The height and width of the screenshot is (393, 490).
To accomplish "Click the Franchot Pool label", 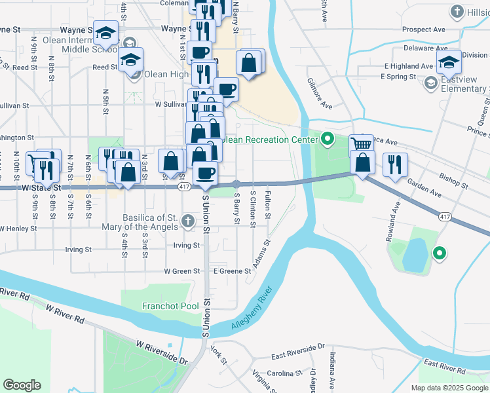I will tap(171, 306).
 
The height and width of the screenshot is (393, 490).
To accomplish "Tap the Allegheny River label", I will tap(251, 309).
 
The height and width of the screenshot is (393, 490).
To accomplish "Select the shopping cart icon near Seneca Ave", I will tap(361, 144).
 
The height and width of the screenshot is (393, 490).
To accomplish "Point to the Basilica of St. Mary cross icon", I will tap(187, 221).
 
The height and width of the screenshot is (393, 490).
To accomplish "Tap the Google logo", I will tap(22, 385).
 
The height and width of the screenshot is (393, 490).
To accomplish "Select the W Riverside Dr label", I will tap(162, 352).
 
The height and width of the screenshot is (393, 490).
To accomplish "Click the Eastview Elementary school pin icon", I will tap(430, 83).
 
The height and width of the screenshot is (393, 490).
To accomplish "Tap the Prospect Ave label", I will tap(424, 29).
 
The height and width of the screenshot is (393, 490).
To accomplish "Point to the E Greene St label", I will tap(232, 271).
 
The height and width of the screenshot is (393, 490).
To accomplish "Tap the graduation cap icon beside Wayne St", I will tap(105, 32).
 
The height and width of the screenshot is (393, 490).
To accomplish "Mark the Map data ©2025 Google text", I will tap(449, 387).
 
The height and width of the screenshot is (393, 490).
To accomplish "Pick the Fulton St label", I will tap(268, 201).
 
